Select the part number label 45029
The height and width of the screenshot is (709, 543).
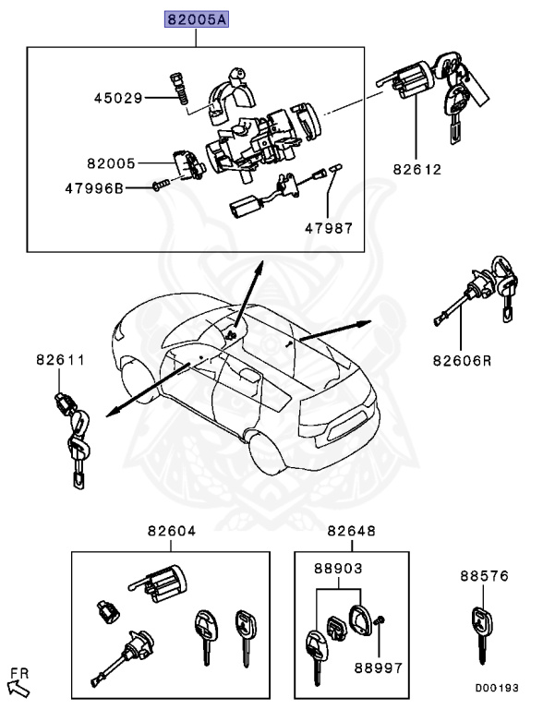click(116, 97)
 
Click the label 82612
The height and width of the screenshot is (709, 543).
click(416, 170)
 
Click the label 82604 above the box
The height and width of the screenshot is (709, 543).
click(171, 531)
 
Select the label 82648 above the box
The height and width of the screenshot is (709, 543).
click(351, 531)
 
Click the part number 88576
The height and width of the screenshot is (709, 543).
click(485, 575)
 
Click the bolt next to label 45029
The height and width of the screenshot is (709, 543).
click(178, 88)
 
